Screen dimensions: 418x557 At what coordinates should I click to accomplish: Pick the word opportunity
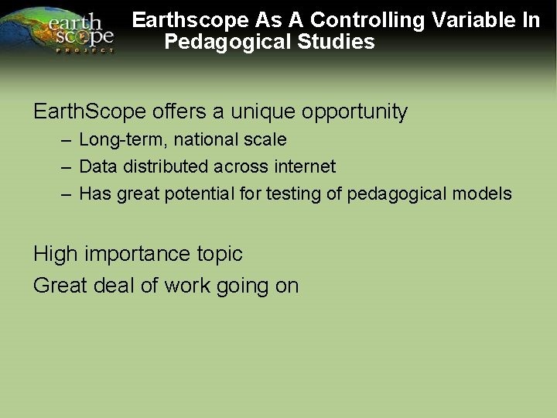point(354,112)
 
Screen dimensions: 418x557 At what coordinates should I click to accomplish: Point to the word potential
point(199,194)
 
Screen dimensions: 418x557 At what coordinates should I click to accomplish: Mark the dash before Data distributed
point(67,166)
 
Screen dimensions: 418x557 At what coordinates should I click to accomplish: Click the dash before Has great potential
point(67,194)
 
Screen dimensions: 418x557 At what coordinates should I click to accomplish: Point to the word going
point(241,286)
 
